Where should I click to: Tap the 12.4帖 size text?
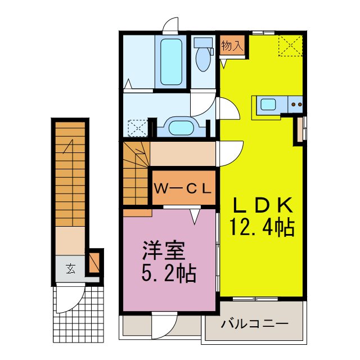(x=262, y=228)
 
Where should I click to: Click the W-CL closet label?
(x=183, y=188)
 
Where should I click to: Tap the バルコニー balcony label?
(x=254, y=325)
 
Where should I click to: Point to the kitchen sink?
(x=268, y=104)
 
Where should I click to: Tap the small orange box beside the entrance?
(x=94, y=261)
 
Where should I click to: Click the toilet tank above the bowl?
(x=201, y=42)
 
